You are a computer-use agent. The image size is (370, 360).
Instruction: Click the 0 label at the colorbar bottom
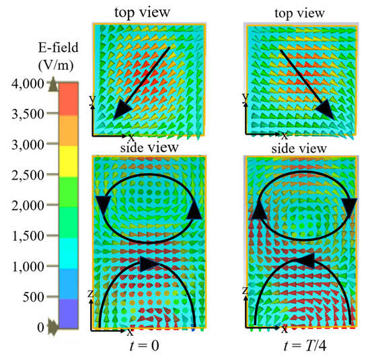(40, 327)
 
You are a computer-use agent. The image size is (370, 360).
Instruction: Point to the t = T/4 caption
(296, 348)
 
